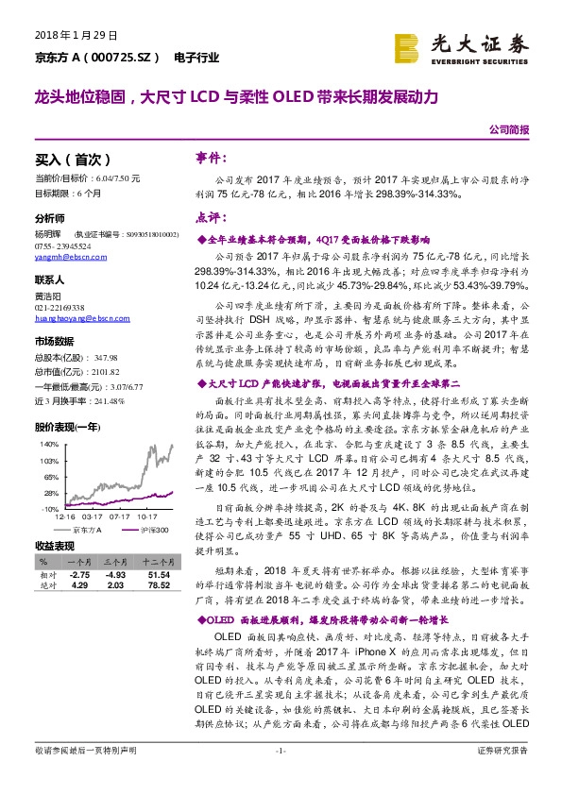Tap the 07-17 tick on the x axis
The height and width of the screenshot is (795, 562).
119,517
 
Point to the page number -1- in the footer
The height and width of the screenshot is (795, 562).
281,776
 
